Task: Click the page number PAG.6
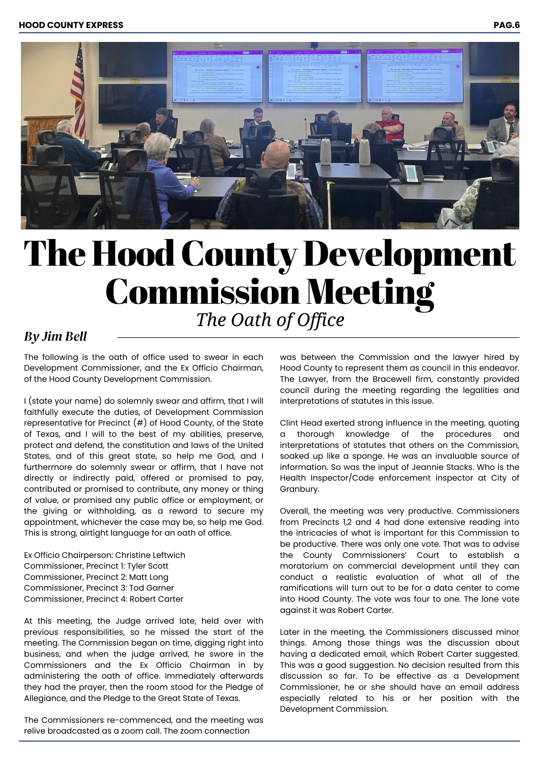[506, 25]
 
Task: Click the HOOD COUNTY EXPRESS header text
[71, 25]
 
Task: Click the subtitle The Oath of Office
[270, 320]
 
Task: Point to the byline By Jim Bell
[55, 336]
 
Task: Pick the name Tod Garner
[151, 588]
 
